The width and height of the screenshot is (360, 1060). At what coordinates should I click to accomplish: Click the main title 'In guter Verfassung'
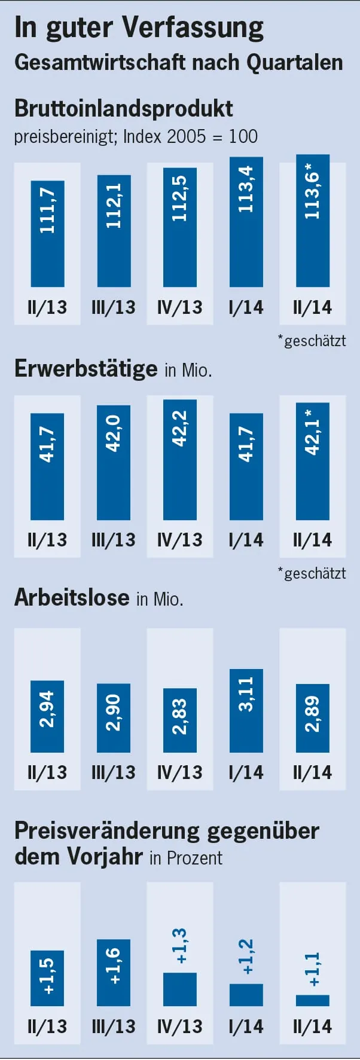(x=139, y=28)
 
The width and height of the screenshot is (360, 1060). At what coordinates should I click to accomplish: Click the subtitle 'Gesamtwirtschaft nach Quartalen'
(x=178, y=62)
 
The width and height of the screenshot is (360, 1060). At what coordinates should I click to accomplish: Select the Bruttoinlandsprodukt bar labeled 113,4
(x=246, y=222)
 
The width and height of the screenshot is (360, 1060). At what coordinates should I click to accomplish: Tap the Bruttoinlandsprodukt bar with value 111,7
(x=47, y=234)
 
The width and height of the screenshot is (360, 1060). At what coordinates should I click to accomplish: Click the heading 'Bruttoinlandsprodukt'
(x=123, y=108)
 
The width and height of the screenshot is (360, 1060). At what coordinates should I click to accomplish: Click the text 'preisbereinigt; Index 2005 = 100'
(x=136, y=136)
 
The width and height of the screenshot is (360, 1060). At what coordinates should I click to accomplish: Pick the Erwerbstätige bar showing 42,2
(x=179, y=459)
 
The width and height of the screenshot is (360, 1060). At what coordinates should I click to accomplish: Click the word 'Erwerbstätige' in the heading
(x=86, y=368)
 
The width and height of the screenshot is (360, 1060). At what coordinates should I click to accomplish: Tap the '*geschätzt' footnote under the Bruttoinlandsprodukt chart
(x=312, y=341)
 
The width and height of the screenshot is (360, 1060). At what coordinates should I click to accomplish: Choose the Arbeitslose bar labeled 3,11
(x=246, y=710)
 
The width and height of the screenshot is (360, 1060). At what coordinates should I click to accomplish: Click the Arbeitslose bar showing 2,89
(x=312, y=717)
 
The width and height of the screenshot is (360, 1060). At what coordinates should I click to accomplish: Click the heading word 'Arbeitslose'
(x=72, y=597)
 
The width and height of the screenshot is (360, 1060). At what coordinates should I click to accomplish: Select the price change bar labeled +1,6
(x=114, y=972)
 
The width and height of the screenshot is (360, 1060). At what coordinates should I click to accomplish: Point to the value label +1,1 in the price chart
(x=312, y=969)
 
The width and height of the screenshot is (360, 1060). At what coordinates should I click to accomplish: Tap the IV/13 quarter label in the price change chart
(x=179, y=1027)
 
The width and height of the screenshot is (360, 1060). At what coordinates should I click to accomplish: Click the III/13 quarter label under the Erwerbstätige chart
(x=114, y=540)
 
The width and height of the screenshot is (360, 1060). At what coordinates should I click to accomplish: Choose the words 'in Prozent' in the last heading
(x=185, y=858)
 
